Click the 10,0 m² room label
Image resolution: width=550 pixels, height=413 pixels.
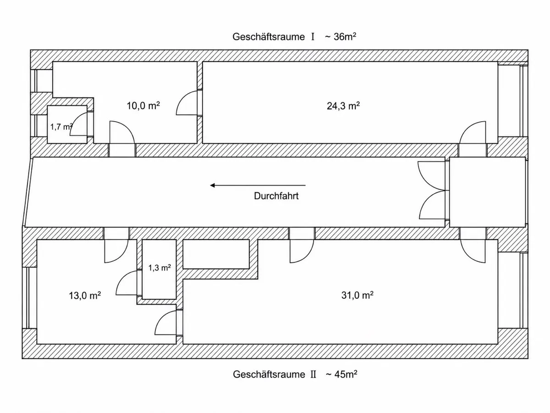[143, 106]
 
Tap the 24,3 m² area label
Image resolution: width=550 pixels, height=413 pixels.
[343, 106]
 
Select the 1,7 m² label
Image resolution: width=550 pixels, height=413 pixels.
[61, 127]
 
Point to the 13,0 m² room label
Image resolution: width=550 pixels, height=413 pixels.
[85, 296]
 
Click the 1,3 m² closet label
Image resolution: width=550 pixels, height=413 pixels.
[159, 268]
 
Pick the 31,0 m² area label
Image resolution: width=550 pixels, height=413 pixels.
[357, 295]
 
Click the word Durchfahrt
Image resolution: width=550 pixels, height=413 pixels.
[276, 196]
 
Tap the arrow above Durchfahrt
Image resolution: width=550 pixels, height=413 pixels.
[258, 185]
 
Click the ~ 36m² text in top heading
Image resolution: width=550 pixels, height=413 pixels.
[341, 37]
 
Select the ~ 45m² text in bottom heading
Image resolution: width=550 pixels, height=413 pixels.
[341, 374]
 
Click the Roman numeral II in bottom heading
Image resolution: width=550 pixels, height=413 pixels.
[313, 374]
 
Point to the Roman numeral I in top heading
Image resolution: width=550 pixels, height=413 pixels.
[313, 37]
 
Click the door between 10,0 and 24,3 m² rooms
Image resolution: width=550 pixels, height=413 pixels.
[187, 103]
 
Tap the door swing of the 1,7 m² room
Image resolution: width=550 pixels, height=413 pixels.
[78, 124]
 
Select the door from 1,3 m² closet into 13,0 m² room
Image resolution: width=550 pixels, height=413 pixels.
[126, 283]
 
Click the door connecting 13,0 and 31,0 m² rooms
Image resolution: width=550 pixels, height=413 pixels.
[165, 323]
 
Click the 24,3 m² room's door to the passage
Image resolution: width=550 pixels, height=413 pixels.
[473, 133]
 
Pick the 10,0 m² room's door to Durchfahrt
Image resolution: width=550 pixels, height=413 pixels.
[122, 133]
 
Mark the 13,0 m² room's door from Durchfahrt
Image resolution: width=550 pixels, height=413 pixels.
[116, 251]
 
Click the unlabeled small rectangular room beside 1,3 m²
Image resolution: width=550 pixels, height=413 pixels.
[216, 254]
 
